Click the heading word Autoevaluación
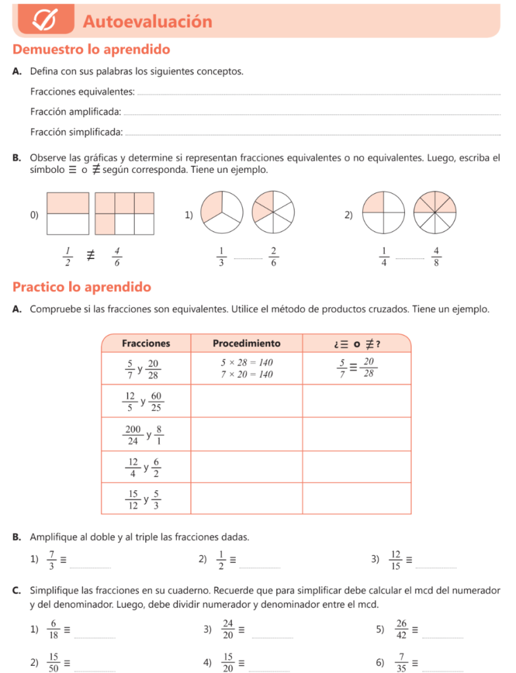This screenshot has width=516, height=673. coord(148,22)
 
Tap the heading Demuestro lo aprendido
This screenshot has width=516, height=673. coord(91,49)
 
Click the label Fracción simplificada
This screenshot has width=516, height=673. coord(76,132)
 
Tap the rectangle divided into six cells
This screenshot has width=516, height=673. coord(124,214)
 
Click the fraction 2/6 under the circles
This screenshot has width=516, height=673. coord(273,256)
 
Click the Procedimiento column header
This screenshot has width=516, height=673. coord(246,343)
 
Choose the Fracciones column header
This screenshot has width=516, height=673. coord(146,343)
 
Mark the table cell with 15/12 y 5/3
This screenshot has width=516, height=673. coord(146,499)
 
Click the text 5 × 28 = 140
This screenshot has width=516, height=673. coord(246,363)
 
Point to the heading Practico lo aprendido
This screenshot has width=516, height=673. coord(82,287)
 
